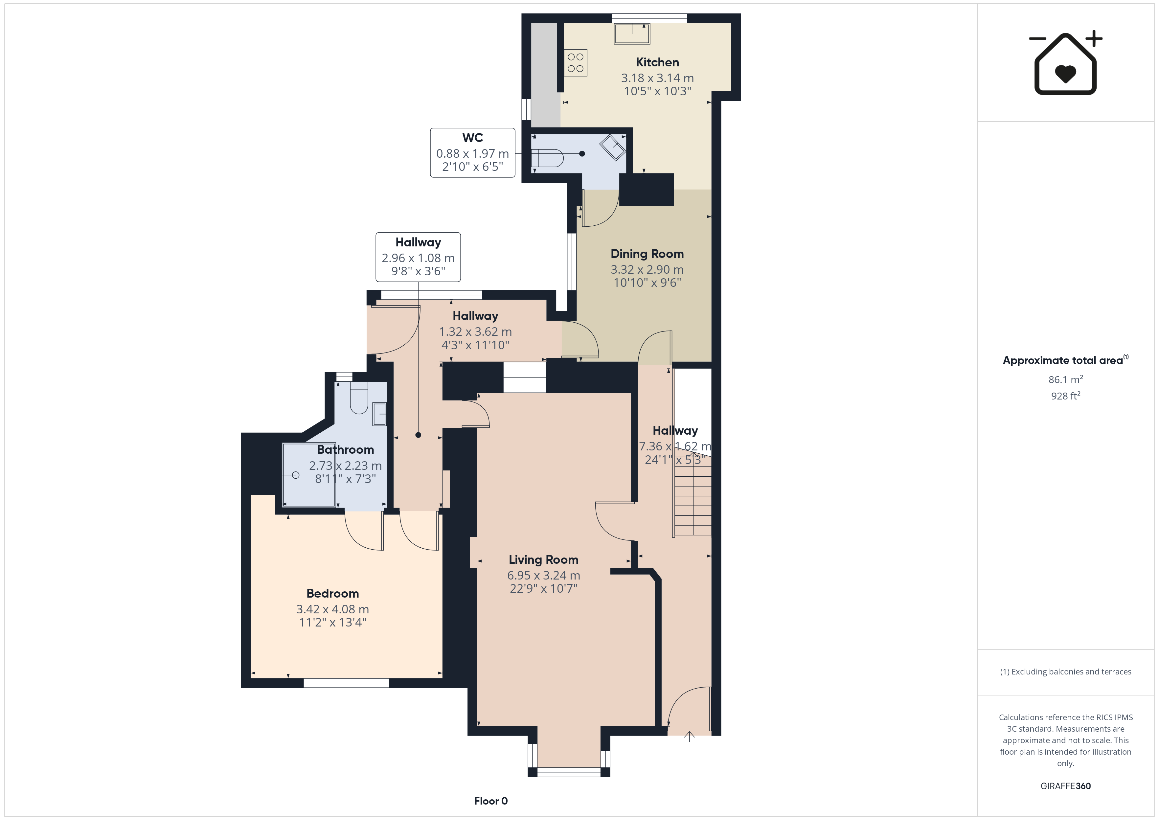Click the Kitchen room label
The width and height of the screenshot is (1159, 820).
tap(657, 62)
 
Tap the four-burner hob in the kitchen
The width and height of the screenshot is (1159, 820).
tap(576, 63)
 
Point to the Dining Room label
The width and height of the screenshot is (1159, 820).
tap(647, 254)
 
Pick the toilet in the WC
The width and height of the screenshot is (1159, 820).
tap(547, 158)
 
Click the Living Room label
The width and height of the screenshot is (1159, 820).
tap(543, 559)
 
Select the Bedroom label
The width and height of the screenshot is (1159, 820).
tap(333, 593)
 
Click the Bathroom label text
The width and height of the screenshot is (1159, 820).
tap(345, 449)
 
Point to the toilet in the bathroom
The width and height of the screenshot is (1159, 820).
tap(359, 398)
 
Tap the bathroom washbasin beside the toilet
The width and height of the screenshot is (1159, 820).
tap(380, 414)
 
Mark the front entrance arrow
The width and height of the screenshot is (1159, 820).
tap(690, 737)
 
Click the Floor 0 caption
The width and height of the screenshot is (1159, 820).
tap(491, 801)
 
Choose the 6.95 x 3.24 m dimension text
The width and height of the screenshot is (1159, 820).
tap(544, 575)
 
